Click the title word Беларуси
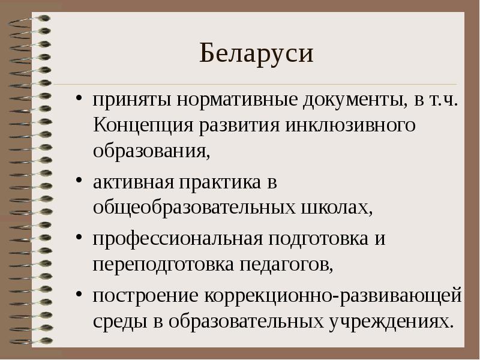coord(257,54)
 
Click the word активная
coord(126,182)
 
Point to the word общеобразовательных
coord(193,208)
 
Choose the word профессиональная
coord(178,238)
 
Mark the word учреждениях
coord(390,320)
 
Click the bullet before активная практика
coord(79,182)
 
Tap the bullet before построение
coord(79,295)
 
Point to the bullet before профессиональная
coord(79,239)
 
